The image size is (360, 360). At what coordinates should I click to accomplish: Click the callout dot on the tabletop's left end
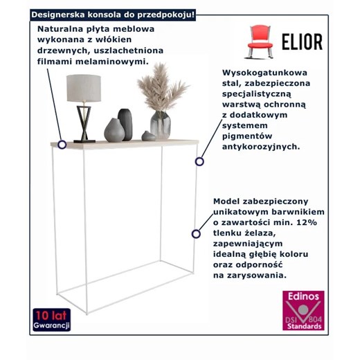coord(62,145)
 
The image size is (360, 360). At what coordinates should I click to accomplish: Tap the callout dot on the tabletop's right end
coord(199,161)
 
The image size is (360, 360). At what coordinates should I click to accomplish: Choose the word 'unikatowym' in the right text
coord(244,210)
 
